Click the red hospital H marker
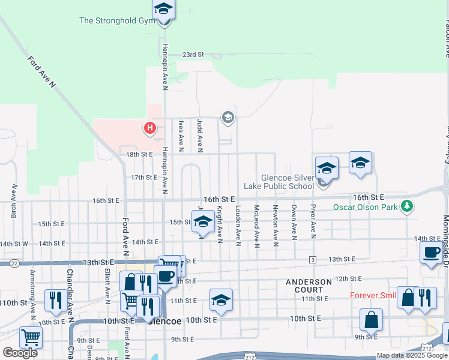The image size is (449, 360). click(150, 128)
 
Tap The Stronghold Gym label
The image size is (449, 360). click(118, 20)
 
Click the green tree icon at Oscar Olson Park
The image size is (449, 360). click(408, 206)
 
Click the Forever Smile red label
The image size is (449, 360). click(373, 295)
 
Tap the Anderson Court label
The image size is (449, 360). click(309, 286)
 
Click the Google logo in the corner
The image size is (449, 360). click(20, 353)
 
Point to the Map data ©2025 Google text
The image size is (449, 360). click(411, 355)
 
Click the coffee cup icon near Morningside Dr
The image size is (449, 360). click(430, 253)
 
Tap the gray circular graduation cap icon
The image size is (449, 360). click(228, 117)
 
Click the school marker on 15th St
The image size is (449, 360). click(203, 223)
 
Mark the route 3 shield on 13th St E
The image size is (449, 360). click(313, 259)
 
